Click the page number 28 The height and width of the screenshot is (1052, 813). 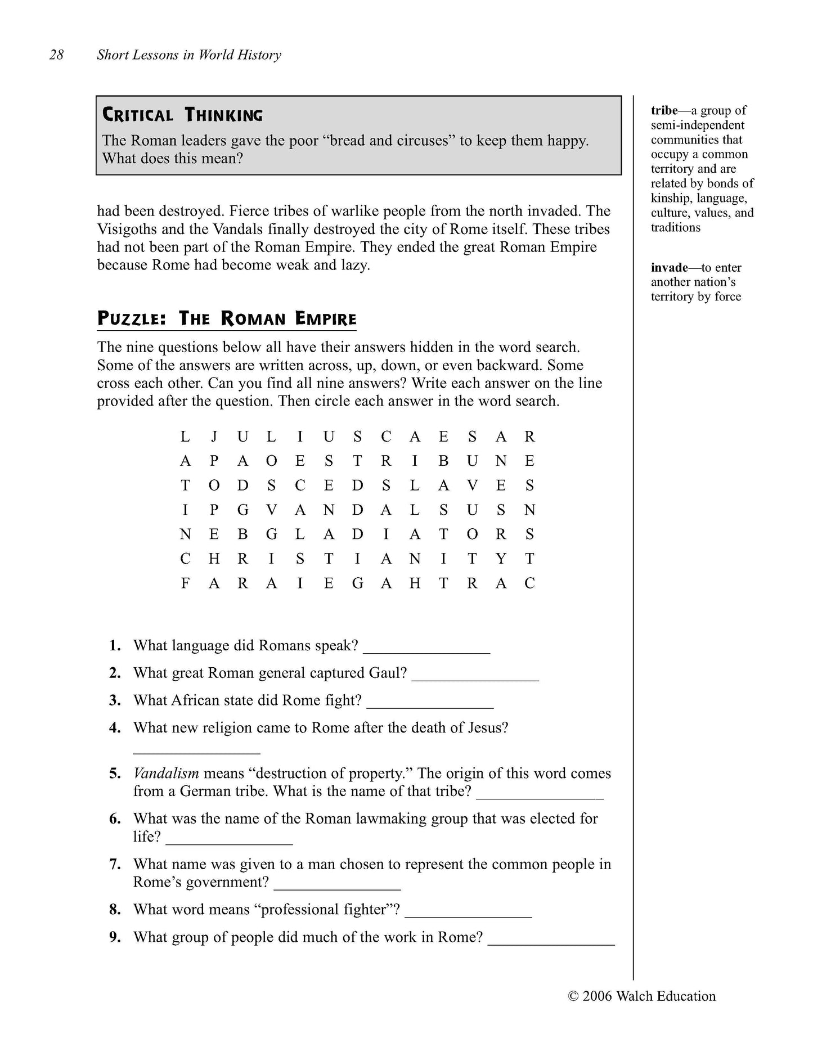point(56,55)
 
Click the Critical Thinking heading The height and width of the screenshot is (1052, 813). point(182,115)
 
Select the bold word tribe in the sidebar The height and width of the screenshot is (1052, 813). point(664,110)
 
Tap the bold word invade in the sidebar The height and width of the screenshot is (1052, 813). point(669,267)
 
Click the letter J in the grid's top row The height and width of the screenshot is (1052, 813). point(214,437)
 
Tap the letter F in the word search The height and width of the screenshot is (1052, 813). point(185,583)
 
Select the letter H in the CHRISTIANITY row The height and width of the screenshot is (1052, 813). point(214,559)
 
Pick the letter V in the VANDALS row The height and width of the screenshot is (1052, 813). point(272,510)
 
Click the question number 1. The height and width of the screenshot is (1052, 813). point(115,645)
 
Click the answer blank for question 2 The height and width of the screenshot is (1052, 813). point(475,674)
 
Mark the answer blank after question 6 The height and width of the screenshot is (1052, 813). point(229,838)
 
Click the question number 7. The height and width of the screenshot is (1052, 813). point(115,864)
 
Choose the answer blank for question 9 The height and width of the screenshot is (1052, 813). point(551,938)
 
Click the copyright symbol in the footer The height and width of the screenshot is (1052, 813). point(573,996)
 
